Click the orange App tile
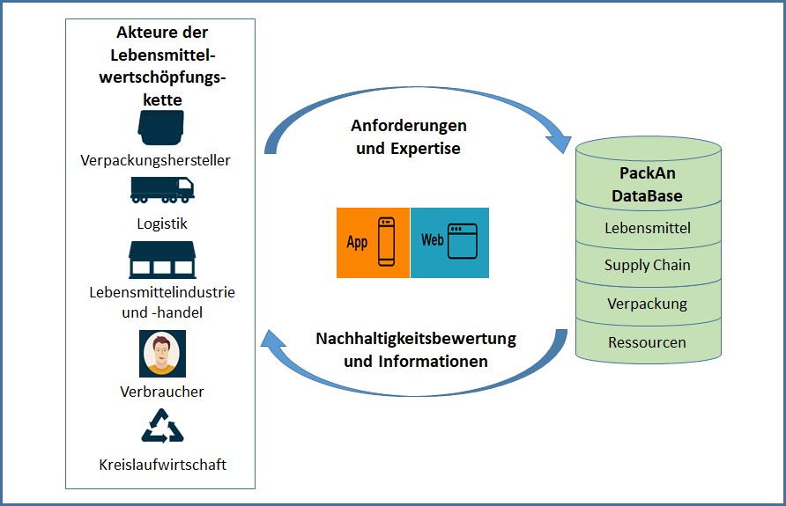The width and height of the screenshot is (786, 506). [x=373, y=242]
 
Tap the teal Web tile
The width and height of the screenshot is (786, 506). [x=449, y=242]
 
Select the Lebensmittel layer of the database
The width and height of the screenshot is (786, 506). [x=648, y=229]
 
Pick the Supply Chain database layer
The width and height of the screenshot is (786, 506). [x=648, y=266]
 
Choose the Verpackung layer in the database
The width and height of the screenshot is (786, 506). [x=648, y=304]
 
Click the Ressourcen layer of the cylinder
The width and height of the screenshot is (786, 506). [x=648, y=342]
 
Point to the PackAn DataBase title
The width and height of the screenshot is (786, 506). [x=648, y=185]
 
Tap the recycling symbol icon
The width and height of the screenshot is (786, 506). [x=162, y=425]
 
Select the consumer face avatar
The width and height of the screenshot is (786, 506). [x=162, y=353]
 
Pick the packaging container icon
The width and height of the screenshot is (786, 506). [x=161, y=128]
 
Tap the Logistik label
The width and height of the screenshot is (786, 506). [x=162, y=224]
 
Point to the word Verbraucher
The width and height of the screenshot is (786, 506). [x=162, y=391]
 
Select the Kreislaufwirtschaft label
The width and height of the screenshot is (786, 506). [x=162, y=464]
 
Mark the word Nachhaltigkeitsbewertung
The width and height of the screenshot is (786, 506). [x=416, y=338]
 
